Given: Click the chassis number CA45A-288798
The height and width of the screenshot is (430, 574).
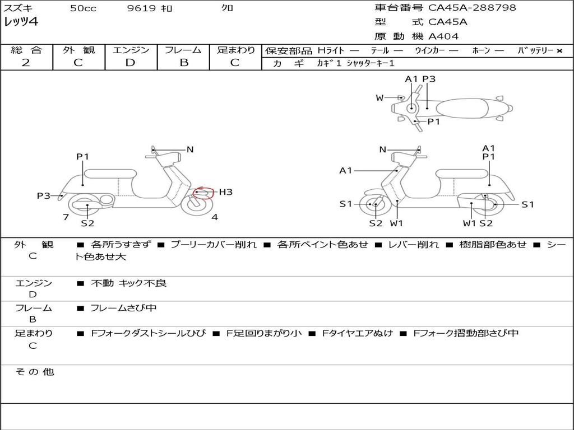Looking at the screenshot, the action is [472, 8].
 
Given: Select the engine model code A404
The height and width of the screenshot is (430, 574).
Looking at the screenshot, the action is [443, 36].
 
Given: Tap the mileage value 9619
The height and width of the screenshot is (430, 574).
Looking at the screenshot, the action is [142, 8].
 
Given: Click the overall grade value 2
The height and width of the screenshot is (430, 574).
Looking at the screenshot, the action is [26, 63].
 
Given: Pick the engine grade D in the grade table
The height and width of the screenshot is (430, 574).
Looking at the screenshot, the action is [131, 63].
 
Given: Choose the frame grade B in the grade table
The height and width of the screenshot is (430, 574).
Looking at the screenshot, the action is [183, 63].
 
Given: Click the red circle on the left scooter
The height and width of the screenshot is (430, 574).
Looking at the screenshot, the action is [203, 193].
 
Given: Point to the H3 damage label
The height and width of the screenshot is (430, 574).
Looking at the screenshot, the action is [225, 192].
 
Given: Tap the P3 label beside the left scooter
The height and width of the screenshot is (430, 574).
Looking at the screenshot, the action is [44, 195].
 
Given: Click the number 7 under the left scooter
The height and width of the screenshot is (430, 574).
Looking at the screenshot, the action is [66, 217].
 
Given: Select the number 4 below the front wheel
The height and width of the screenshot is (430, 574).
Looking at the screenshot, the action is [214, 217].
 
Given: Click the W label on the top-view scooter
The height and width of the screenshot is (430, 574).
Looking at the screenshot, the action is [379, 98].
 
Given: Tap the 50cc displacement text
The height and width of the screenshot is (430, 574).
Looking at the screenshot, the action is [83, 8].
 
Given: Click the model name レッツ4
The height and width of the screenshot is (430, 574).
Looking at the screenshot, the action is [21, 22].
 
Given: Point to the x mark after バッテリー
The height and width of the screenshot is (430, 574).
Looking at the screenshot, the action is [559, 51].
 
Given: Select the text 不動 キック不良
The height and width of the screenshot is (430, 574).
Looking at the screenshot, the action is [128, 283].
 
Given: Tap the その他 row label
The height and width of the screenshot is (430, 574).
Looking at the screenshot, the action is [34, 372].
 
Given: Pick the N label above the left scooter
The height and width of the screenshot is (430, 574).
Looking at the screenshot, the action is [190, 149].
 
